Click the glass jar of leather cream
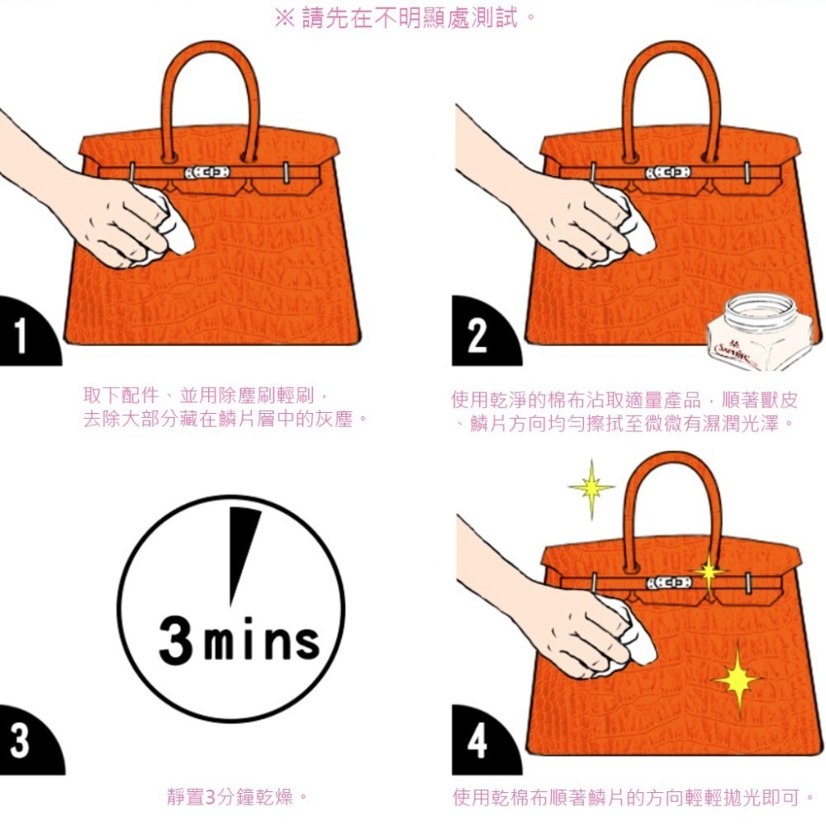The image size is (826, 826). pyautogui.click(x=760, y=332)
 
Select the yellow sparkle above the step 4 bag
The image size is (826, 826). pyautogui.click(x=591, y=488)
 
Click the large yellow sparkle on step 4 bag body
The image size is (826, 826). pyautogui.click(x=738, y=680)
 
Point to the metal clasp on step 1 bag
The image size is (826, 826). pyautogui.click(x=207, y=173)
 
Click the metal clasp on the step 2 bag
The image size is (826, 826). pyautogui.click(x=668, y=173)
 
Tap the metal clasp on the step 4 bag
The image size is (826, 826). pyautogui.click(x=669, y=582)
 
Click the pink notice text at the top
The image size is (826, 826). pyautogui.click(x=405, y=18)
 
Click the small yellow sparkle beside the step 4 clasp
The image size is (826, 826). pyautogui.click(x=709, y=572)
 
